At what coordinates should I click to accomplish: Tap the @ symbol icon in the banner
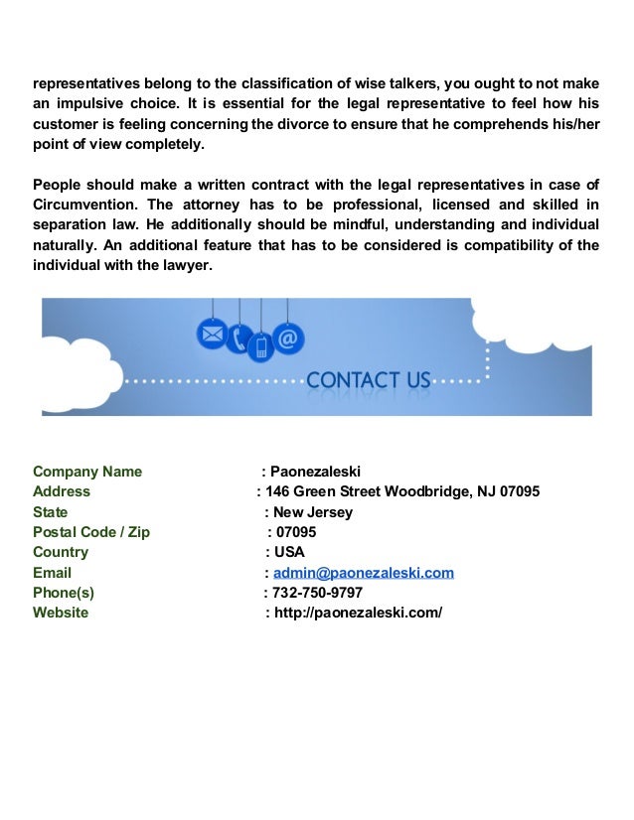tap(288, 340)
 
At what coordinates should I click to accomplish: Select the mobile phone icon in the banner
tap(262, 347)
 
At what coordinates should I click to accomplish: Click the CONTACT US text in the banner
tap(369, 380)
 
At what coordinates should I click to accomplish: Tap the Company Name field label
tap(87, 472)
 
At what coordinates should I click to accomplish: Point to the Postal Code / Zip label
tap(91, 532)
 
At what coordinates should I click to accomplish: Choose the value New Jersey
tap(313, 512)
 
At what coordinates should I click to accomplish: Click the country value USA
tap(289, 552)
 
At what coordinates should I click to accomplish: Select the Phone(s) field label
tap(64, 593)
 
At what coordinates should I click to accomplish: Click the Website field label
tap(61, 613)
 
